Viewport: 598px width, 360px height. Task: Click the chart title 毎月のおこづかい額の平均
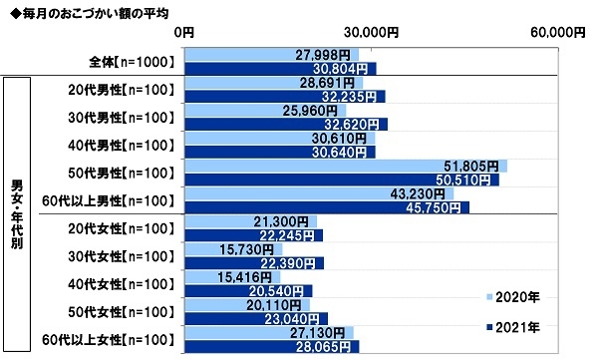(90, 12)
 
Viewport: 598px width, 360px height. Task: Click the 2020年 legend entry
(516, 296)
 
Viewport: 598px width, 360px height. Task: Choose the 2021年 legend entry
(516, 326)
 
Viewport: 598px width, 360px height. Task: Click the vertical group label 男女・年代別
(16, 213)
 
